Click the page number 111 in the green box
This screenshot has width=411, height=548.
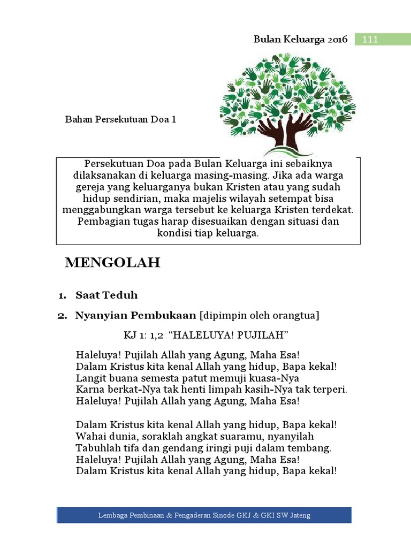[x=370, y=40]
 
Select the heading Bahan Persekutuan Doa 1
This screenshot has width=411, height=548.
[x=121, y=119]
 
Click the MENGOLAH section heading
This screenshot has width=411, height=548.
[x=112, y=263]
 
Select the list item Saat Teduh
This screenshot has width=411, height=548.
[x=106, y=295]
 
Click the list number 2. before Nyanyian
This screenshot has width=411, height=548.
[x=62, y=316]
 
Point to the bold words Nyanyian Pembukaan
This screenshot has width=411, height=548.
[x=136, y=316]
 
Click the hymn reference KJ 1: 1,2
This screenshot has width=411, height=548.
[x=143, y=335]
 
